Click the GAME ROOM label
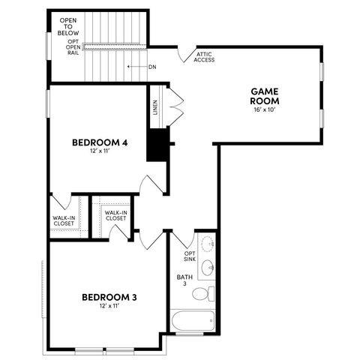[265, 95]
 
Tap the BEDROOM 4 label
[97, 142]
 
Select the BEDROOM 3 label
[109, 297]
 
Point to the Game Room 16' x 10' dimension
[265, 110]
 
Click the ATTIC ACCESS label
[205, 57]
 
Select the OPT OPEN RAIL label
[73, 47]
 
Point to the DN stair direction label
[151, 67]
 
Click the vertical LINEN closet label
[154, 109]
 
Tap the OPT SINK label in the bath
[190, 257]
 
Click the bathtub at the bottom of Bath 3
[191, 321]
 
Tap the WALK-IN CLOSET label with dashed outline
[115, 215]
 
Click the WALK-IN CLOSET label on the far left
[63, 220]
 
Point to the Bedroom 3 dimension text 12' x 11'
[109, 307]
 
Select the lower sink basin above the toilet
[208, 268]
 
